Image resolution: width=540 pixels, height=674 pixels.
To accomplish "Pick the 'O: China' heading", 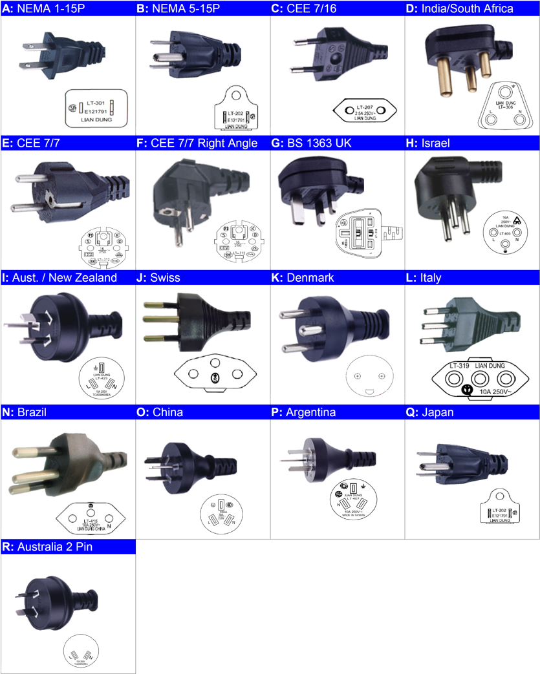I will click(168, 412).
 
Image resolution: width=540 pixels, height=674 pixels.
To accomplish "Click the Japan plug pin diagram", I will click(501, 507).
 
